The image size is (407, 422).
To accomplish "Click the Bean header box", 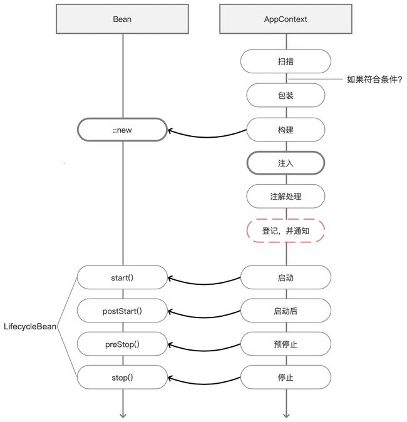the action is coord(122,19).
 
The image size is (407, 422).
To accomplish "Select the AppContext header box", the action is coord(286,19).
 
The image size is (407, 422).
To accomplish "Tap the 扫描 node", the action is coord(286,61).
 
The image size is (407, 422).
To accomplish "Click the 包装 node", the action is coord(286,95).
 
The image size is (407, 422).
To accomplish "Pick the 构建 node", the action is coord(286,130).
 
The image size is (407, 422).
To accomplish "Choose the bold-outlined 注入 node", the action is coord(286,163).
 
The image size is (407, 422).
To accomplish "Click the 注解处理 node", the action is coord(286,196).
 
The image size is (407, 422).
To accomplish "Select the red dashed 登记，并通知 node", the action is coord(286,230).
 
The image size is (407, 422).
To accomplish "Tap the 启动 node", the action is coord(286,277).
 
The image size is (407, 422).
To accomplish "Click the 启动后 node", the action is coord(286,311).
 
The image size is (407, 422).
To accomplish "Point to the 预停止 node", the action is coord(286,344).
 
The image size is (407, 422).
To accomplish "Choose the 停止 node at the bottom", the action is coord(286,378).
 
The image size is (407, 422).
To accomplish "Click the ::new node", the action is coord(122,130).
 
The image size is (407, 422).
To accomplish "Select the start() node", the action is coord(122,277).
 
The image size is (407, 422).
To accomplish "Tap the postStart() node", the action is coord(122,311).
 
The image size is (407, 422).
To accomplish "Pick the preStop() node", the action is coord(122,344).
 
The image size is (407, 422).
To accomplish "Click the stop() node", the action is coord(122,378).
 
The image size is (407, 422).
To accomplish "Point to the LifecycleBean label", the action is coord(30,327).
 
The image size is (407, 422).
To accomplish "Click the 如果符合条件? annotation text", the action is coord(374,80).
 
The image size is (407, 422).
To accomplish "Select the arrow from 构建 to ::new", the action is coord(207,137).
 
